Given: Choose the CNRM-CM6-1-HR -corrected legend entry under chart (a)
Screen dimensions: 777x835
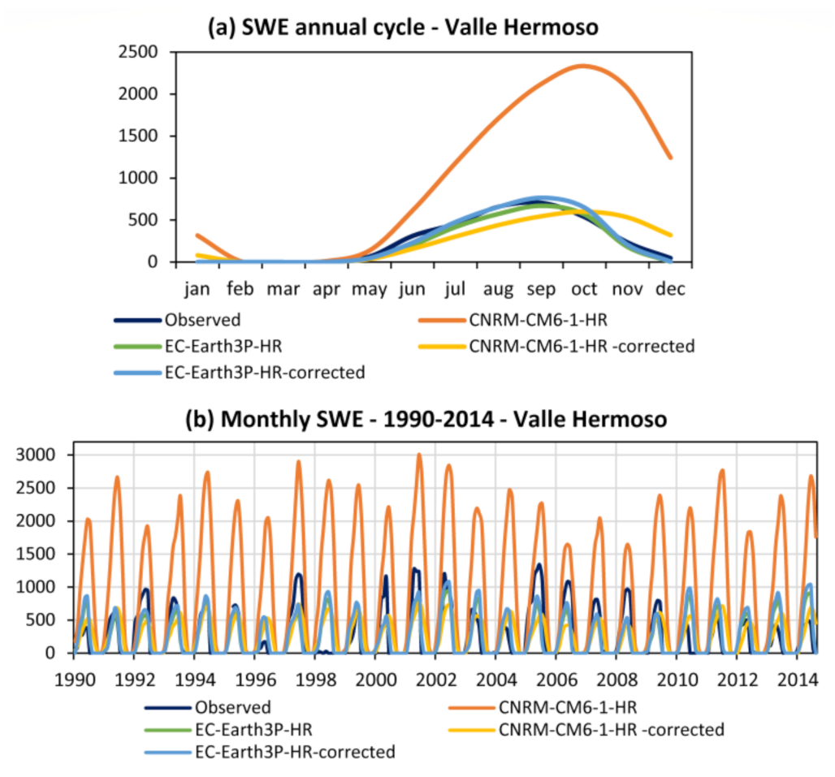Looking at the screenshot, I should pyautogui.click(x=581, y=347).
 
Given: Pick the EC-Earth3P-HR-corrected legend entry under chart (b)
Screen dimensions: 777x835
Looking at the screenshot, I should pyautogui.click(x=294, y=752).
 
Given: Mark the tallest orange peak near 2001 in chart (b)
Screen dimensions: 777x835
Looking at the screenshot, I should pyautogui.click(x=419, y=455).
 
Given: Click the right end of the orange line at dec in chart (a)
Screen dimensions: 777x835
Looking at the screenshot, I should pyautogui.click(x=671, y=158).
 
